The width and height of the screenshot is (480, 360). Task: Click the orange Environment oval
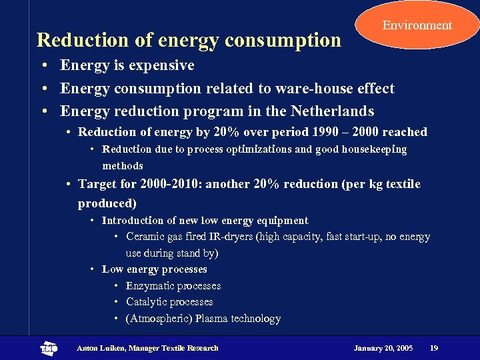pos(417,25)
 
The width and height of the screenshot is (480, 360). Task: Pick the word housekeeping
pos(374,149)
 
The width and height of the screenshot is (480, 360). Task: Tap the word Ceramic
pos(145,237)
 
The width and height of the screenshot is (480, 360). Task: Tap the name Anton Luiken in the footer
pos(99,348)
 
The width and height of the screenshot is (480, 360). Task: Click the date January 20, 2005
pos(383,348)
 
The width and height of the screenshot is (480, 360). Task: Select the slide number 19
pos(434,348)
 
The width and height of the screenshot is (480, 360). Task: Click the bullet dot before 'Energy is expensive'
pos(42,66)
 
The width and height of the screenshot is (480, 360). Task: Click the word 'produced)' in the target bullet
pos(107,203)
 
